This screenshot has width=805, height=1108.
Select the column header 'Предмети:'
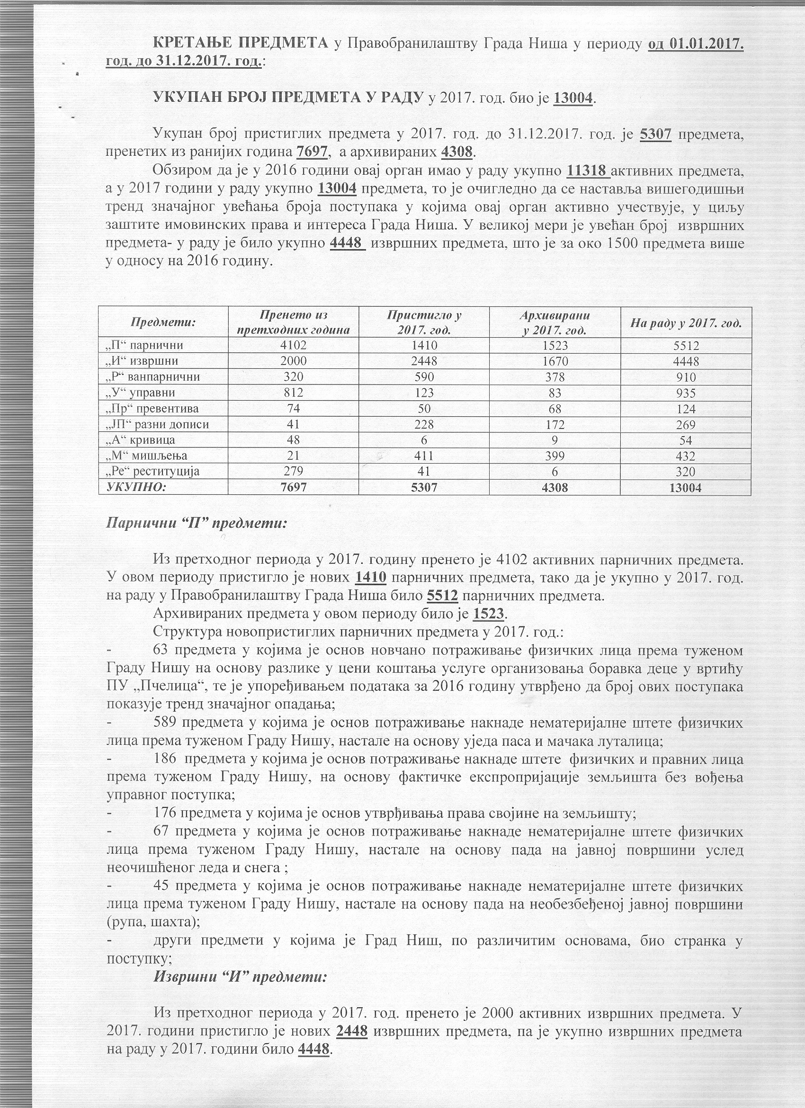pyautogui.click(x=163, y=322)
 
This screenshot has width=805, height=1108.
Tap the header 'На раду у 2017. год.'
pyautogui.click(x=685, y=322)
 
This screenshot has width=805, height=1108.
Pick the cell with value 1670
pyautogui.click(x=555, y=361)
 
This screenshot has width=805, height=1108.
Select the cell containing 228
pyautogui.click(x=423, y=425)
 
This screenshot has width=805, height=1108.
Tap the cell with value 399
pyautogui.click(x=555, y=456)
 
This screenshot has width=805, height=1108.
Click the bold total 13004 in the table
pyautogui.click(x=685, y=488)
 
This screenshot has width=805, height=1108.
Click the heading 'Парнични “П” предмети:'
pyautogui.click(x=197, y=523)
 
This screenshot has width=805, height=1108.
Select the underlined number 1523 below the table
pyautogui.click(x=490, y=614)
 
